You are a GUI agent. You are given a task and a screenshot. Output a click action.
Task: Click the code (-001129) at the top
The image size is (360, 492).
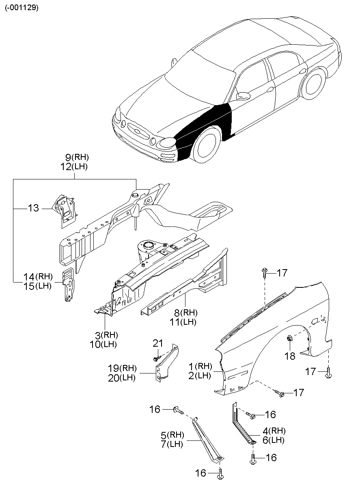(22, 8)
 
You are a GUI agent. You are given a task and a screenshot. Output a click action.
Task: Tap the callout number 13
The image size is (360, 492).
(33, 208)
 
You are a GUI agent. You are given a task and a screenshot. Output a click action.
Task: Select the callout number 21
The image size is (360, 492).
(157, 343)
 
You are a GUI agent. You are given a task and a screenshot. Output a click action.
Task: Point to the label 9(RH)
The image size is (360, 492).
(77, 158)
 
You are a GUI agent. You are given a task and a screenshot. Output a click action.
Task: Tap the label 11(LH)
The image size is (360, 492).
(183, 322)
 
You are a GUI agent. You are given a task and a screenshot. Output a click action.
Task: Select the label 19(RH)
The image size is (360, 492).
(122, 369)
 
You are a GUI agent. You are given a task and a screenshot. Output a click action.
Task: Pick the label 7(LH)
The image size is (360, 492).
(172, 444)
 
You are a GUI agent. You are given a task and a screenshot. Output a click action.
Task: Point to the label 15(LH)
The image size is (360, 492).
(37, 286)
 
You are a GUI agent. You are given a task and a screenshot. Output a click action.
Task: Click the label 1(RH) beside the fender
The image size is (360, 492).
(200, 367)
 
